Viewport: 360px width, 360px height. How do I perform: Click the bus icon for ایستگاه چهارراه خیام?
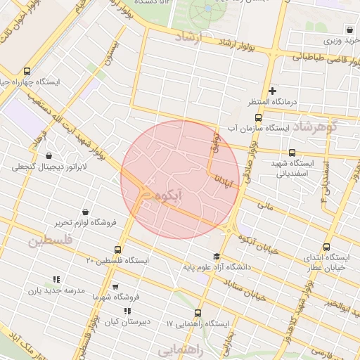27,71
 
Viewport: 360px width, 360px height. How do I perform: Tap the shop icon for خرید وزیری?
349,30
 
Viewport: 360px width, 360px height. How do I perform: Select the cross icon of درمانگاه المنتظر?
273,91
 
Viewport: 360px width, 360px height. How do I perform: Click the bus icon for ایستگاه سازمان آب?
258,117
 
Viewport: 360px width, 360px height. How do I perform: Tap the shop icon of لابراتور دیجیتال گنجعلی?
49,155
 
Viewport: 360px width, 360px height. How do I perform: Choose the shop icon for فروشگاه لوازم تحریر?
85,212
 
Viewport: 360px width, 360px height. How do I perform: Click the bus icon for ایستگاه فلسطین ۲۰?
117,250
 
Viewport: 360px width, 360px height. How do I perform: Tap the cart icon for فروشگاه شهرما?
115,287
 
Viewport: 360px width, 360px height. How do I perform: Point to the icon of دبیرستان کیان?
127,311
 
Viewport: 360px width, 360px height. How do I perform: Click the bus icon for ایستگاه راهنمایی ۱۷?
197,313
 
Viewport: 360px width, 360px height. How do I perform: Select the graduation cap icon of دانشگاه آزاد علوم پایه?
217,256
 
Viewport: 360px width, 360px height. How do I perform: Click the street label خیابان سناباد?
245,290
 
